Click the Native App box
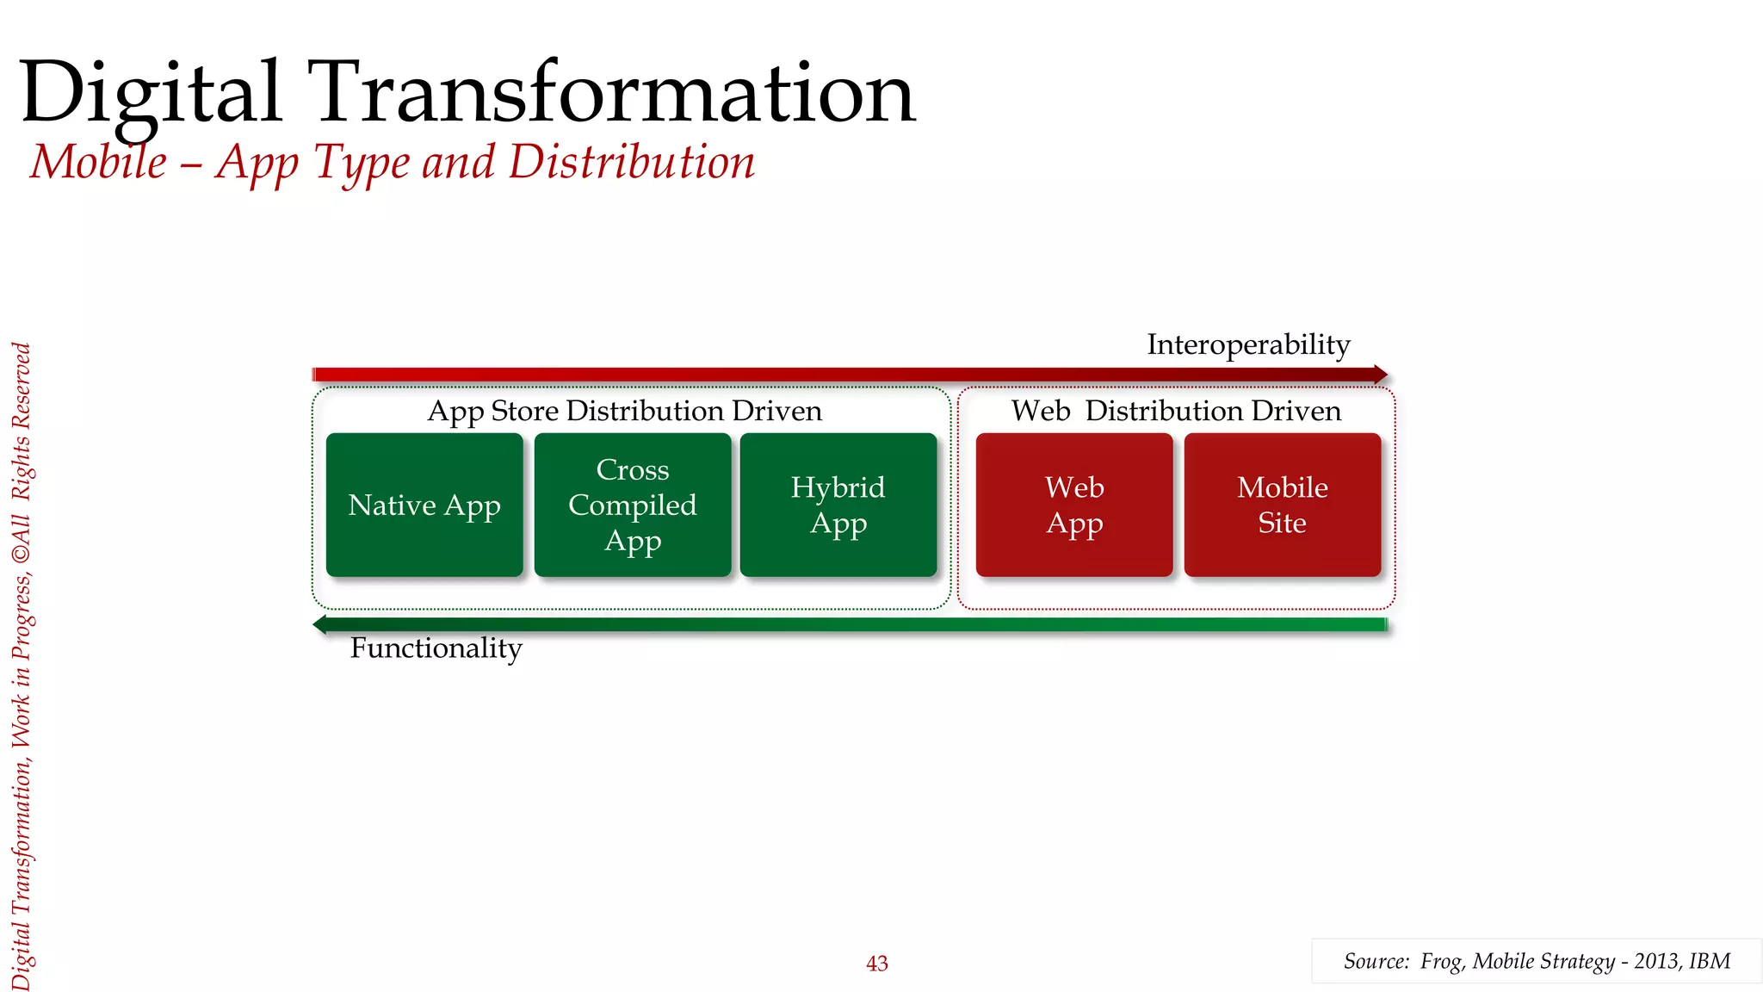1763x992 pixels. click(x=424, y=505)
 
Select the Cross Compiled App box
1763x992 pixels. click(x=633, y=505)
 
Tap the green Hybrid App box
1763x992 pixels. click(x=838, y=505)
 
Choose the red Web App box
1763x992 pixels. click(x=1074, y=505)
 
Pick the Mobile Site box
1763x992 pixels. click(x=1283, y=505)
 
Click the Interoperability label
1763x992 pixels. click(x=1248, y=344)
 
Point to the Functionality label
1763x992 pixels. click(x=436, y=648)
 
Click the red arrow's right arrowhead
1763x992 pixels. click(x=1381, y=375)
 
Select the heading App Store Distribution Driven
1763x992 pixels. click(x=625, y=411)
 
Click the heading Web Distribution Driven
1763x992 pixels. click(x=1176, y=411)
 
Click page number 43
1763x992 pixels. click(x=876, y=964)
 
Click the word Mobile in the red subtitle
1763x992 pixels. click(x=99, y=162)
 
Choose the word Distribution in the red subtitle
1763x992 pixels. click(x=631, y=162)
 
